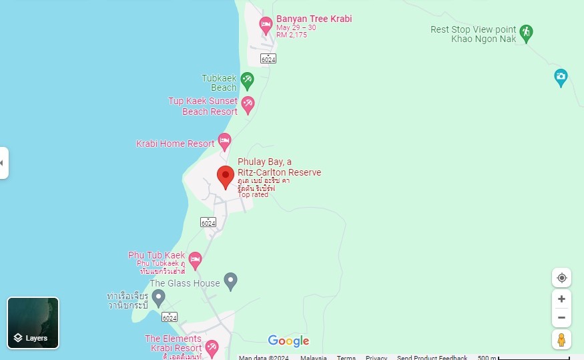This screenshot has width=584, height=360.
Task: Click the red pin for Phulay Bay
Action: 226,176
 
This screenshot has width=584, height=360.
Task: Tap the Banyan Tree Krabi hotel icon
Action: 266,25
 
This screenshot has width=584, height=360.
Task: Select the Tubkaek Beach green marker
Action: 248,81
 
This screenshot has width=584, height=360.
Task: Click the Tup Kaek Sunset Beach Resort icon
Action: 248,105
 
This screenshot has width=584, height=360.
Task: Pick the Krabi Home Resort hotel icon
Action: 224,142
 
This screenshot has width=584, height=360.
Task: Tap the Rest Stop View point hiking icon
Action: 526,33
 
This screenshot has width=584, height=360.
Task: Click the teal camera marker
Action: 561,77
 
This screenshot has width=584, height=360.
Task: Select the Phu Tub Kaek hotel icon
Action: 195,259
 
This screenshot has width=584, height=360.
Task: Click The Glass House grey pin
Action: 230,281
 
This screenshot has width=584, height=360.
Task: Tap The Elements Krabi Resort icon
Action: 212,347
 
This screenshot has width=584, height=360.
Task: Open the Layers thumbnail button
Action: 33,323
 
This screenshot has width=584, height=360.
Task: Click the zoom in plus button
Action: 561,299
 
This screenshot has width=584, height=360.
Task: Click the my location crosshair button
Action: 561,278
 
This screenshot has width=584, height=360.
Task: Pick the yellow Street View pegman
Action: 561,339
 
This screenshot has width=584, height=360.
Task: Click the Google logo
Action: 288,341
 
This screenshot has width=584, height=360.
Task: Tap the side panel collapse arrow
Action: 3,163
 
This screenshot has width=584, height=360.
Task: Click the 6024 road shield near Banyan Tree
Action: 268,59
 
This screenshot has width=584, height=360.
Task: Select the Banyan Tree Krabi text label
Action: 314,19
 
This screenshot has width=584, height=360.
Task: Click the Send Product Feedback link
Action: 432,357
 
